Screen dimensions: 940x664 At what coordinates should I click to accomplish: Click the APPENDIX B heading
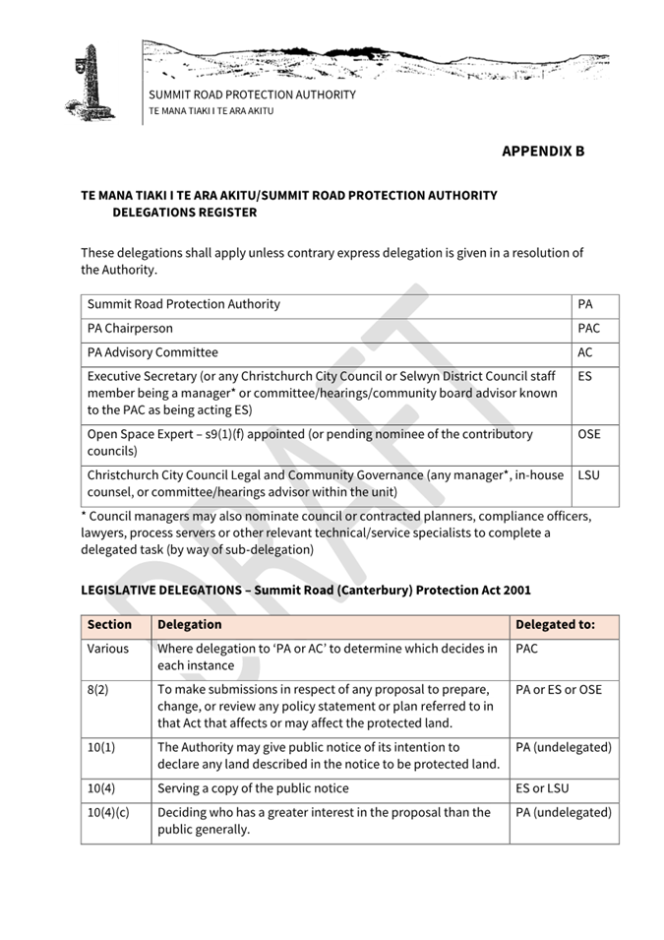pos(542,152)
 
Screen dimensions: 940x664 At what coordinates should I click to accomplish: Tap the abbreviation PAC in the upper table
pos(588,329)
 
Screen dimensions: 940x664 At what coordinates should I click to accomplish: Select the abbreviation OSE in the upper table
pos(589,434)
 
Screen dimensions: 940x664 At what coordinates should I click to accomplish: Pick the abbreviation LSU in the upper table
pos(588,475)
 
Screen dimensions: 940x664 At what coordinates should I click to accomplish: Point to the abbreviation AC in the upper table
pos(585,352)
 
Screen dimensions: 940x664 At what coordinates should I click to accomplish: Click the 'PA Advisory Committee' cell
pos(152,352)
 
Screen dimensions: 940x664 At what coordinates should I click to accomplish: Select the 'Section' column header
pos(109,625)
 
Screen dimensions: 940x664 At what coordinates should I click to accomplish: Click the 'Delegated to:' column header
pos(555,625)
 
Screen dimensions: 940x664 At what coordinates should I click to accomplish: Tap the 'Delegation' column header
pos(190,625)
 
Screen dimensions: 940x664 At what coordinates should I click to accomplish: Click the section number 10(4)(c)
pos(108,813)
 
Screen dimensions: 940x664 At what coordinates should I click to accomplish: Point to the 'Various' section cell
pos(107,650)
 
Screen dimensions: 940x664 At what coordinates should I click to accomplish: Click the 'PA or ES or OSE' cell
pos(559,690)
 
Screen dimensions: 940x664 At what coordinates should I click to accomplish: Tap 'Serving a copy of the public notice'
pos(254,788)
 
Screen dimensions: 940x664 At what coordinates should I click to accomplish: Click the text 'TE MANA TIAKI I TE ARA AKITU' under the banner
pos(211,111)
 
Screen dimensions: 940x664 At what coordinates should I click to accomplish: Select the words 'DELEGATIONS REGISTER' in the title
pos(184,213)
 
